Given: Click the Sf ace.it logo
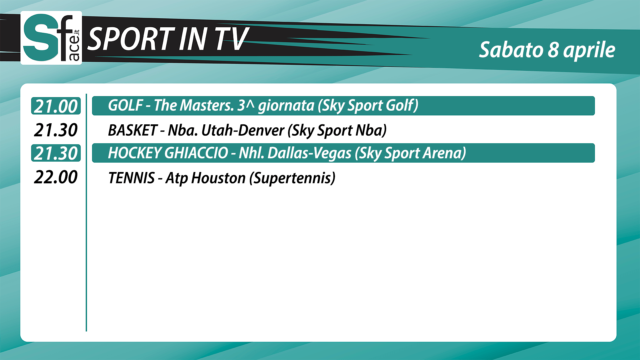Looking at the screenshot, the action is coord(51,38).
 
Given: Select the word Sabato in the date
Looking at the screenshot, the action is coord(511,50).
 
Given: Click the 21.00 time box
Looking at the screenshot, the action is coord(56,106).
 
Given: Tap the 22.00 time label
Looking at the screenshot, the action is coord(56,177).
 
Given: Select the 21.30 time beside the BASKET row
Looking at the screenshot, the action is coord(56,130).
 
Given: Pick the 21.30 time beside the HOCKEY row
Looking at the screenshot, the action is coord(56,153).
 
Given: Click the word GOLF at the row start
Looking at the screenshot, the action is coord(126,105).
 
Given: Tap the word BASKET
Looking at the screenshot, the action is coord(133,130).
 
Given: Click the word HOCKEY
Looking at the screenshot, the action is coord(135,153).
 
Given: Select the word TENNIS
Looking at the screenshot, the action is coord(132,178).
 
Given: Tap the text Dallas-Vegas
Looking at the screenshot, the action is coord(310,153).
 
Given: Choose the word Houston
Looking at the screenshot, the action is coord(219,178).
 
